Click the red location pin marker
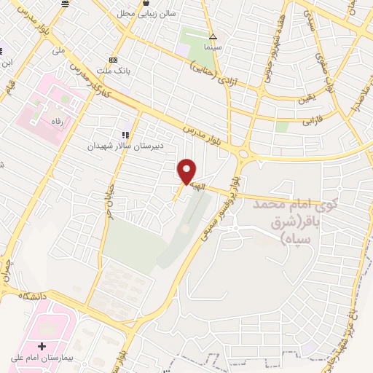click(187, 171)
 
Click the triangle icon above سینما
click(213, 36)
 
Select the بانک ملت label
click(114, 70)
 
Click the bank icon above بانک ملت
click(113, 60)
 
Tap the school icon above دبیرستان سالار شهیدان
click(126, 135)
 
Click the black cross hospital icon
click(42, 345)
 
